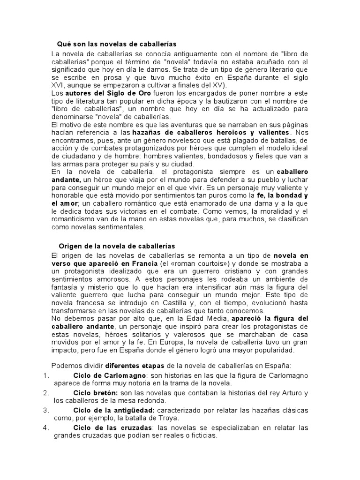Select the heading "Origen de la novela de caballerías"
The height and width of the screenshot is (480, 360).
tap(117, 246)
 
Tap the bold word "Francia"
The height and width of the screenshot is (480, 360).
tap(144, 263)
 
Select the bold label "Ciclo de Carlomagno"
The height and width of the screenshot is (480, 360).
tap(110, 375)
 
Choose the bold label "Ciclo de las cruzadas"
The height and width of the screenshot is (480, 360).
tap(113, 427)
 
